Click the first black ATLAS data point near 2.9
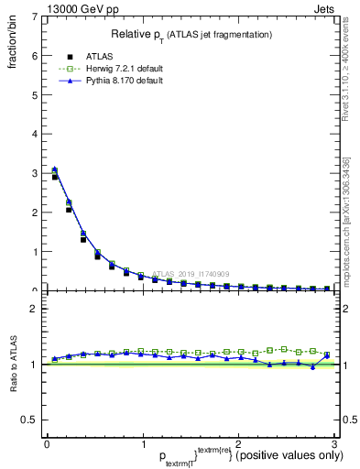(55, 177)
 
